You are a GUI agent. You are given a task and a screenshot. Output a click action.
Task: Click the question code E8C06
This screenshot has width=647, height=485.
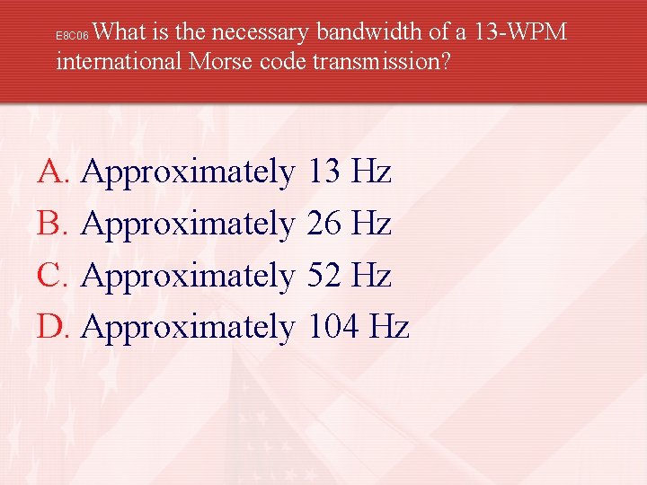click(72, 37)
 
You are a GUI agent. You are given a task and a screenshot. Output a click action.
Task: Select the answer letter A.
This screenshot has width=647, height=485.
click(50, 171)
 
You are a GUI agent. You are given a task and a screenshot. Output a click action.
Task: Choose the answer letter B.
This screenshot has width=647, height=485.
click(50, 223)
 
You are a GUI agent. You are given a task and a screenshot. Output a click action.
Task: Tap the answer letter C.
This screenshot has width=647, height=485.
click(50, 275)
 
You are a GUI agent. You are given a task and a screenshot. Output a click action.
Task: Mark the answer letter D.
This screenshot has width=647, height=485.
click(50, 327)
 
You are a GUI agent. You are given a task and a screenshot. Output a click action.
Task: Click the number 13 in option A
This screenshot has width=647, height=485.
click(323, 171)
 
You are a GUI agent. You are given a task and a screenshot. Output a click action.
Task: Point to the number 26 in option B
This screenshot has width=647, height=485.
click(323, 223)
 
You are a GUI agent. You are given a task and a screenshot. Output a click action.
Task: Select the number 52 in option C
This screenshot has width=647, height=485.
click(323, 275)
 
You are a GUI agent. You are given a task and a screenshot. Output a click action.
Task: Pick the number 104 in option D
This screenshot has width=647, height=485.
click(332, 327)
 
